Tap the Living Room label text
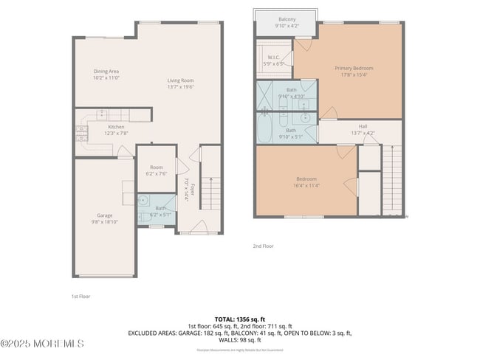pos(180,83)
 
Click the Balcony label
pos(287,22)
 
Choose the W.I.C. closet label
pos(274,60)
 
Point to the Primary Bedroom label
pos(347,70)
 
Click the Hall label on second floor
pos(363,129)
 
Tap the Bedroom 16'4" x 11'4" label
pos(306,182)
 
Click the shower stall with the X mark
pos(266,95)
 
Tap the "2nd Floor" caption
pos(263,246)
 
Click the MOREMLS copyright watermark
pos(43,344)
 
